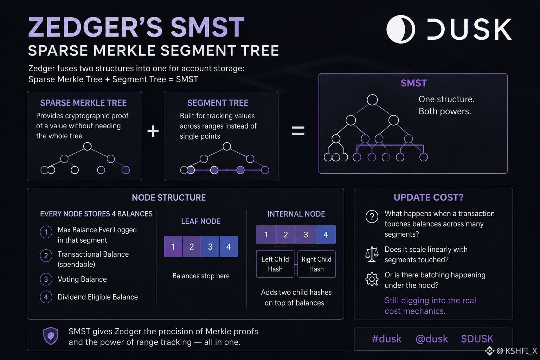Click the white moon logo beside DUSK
(401, 29)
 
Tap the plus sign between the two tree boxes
(153, 131)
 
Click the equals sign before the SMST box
(298, 130)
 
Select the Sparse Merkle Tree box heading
(83, 103)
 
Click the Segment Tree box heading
(218, 103)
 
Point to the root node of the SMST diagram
(372, 100)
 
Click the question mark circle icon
(372, 217)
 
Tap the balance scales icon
(372, 254)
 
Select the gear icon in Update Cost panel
(372, 279)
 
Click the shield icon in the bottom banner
(51, 336)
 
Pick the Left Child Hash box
(275, 264)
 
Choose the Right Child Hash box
(316, 264)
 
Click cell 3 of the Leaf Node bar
(210, 246)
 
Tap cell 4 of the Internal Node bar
(326, 234)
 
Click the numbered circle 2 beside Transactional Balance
(46, 256)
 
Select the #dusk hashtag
(387, 339)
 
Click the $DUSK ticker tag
(477, 339)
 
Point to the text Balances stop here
(201, 276)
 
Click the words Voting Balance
(82, 279)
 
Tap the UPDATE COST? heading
(429, 198)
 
